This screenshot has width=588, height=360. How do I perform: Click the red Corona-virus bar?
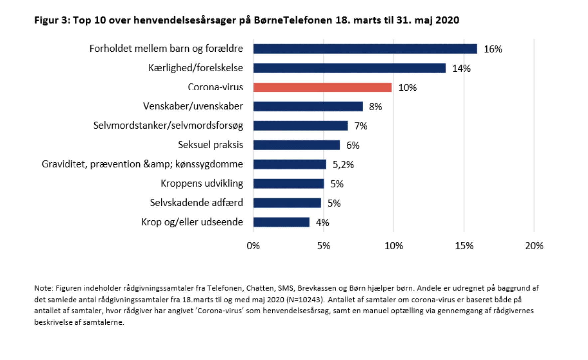coord(322,88)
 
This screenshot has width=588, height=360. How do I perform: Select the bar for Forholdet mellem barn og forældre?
coord(365,49)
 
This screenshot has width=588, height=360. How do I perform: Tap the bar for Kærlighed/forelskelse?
coord(349,68)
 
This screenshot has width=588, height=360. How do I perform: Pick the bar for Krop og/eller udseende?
coord(281,222)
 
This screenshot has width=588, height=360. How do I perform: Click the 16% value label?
coord(493,49)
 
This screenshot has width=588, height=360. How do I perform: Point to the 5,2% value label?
coord(343,165)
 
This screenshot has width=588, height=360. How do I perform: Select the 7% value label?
coord(361,126)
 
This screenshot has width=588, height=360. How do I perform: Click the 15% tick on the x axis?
coord(464,246)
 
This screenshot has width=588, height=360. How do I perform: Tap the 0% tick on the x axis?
coord(253,246)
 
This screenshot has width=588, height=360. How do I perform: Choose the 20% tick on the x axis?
coord(534,246)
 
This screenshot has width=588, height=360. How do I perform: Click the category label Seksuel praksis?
coord(210,145)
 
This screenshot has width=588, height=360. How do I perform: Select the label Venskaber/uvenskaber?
coord(193,106)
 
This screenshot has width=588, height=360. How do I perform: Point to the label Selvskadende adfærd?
coord(196,203)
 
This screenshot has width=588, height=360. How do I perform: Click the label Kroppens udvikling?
coord(202,183)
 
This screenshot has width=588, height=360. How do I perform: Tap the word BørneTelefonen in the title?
coord(293,20)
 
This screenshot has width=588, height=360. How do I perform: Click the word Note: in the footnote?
coord(44,288)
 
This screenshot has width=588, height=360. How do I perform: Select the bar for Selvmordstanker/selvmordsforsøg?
coord(300,126)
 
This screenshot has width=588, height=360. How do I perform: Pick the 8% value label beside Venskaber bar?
coord(375,107)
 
